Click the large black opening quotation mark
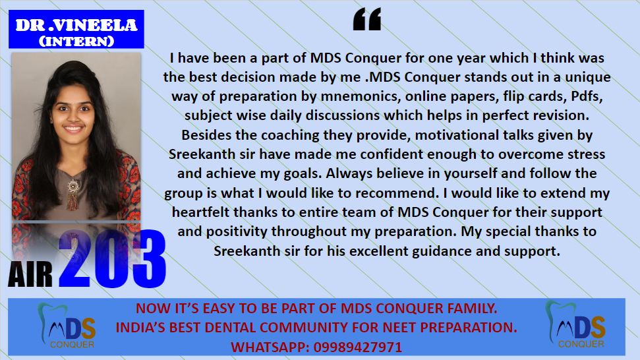[x=367, y=18]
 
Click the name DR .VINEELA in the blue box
[x=76, y=25]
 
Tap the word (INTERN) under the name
[x=76, y=42]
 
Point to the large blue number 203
[x=112, y=258]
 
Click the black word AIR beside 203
[x=30, y=274]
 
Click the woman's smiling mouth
[x=73, y=129]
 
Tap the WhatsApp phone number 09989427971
[x=357, y=347]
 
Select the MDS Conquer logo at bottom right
[x=575, y=324]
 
